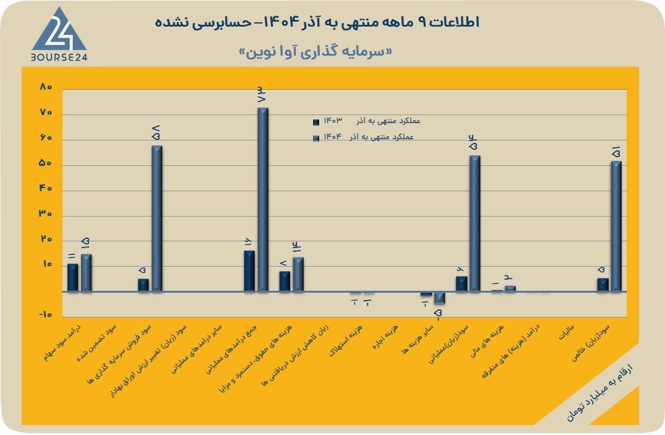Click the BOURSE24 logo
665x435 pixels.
tap(59, 35)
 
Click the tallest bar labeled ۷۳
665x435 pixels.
tap(263, 199)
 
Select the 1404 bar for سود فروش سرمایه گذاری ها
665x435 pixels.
tap(157, 218)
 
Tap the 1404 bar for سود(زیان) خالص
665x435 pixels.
tap(616, 226)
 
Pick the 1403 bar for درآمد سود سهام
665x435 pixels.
tap(72, 278)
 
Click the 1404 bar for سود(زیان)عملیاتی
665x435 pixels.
tap(475, 223)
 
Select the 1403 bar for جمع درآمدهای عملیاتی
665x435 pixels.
tap(249, 271)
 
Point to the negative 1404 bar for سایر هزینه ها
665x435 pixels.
tap(439, 298)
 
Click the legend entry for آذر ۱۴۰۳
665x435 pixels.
tap(367, 121)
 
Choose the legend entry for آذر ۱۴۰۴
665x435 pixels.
tap(364, 137)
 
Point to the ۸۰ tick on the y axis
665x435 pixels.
tap(46, 87)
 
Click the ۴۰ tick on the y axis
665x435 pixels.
tap(46, 189)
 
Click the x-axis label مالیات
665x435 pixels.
tap(567, 332)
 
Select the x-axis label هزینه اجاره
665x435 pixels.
tap(385, 337)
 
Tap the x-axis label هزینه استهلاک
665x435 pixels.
tap(346, 340)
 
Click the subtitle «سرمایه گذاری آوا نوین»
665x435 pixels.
tap(315, 52)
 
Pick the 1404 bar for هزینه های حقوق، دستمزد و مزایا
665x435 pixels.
tap(298, 274)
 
